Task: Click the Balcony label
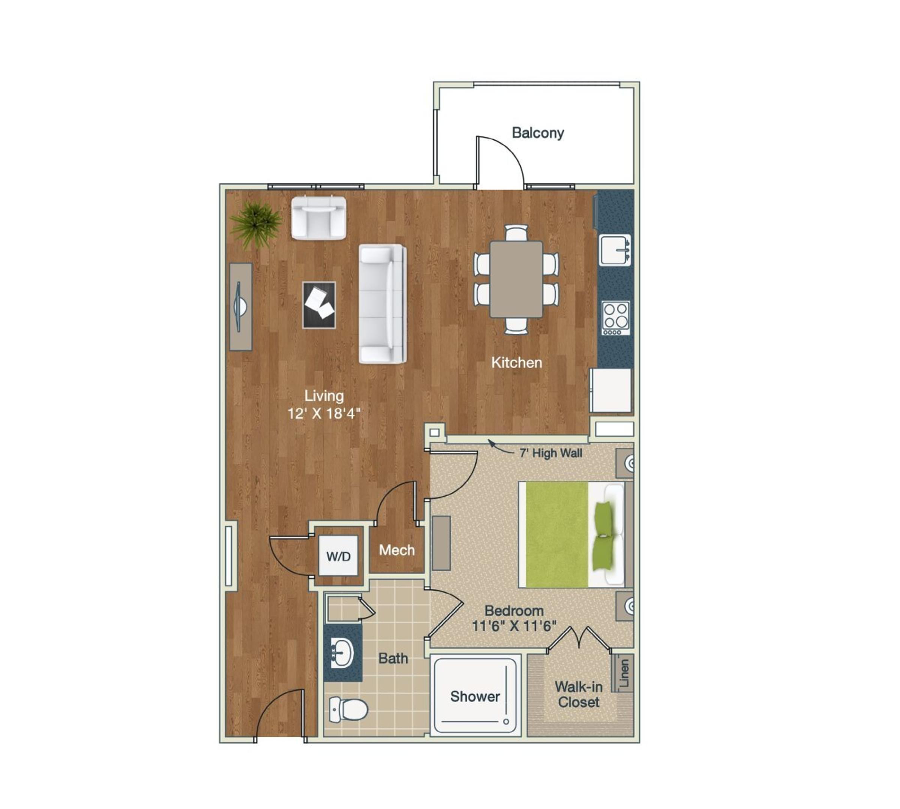538,132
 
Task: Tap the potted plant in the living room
255,223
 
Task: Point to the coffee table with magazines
319,305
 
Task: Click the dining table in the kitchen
516,279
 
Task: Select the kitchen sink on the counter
615,250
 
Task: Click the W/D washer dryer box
339,555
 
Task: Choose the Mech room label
396,550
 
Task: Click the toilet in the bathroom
349,709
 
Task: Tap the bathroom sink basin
343,653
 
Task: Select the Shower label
475,696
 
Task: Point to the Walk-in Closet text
579,695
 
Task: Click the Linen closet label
624,673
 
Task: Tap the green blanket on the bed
557,534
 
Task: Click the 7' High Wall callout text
550,453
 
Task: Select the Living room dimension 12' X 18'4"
324,413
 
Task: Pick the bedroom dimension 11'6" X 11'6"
514,626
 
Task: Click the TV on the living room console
240,307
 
